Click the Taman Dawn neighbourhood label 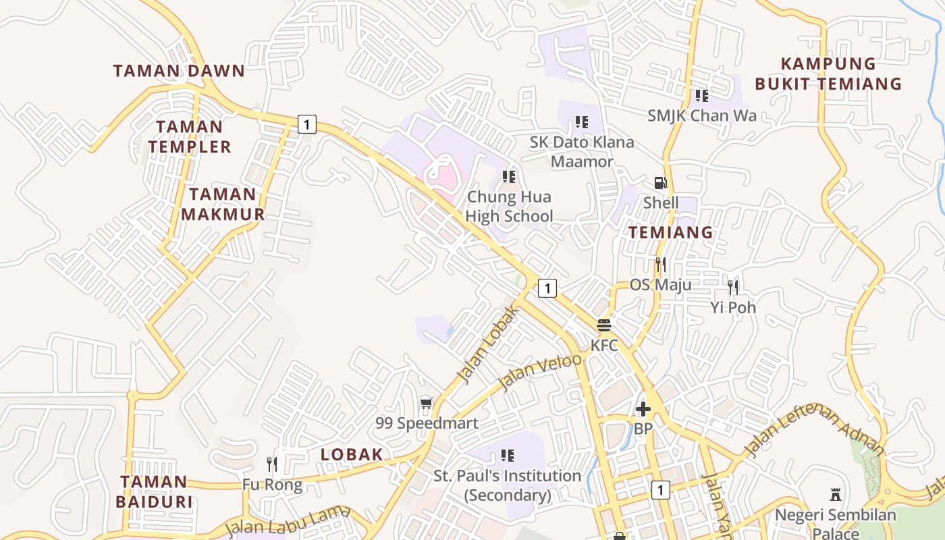179,71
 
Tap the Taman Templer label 190,136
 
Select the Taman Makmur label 222,205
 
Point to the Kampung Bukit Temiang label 828,74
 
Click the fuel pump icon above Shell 660,183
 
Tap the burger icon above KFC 604,325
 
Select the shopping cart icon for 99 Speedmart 426,403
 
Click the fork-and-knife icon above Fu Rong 272,464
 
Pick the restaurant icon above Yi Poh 733,288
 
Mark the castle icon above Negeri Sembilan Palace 836,495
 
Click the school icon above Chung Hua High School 509,177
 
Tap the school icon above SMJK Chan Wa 702,96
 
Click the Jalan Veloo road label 540,371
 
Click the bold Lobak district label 352,454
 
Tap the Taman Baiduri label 154,491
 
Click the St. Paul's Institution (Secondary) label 507,485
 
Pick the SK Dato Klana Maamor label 582,152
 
